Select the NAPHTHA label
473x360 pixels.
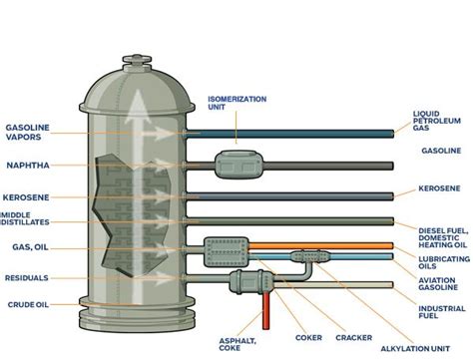[28, 166]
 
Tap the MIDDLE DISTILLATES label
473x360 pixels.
[25, 217]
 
